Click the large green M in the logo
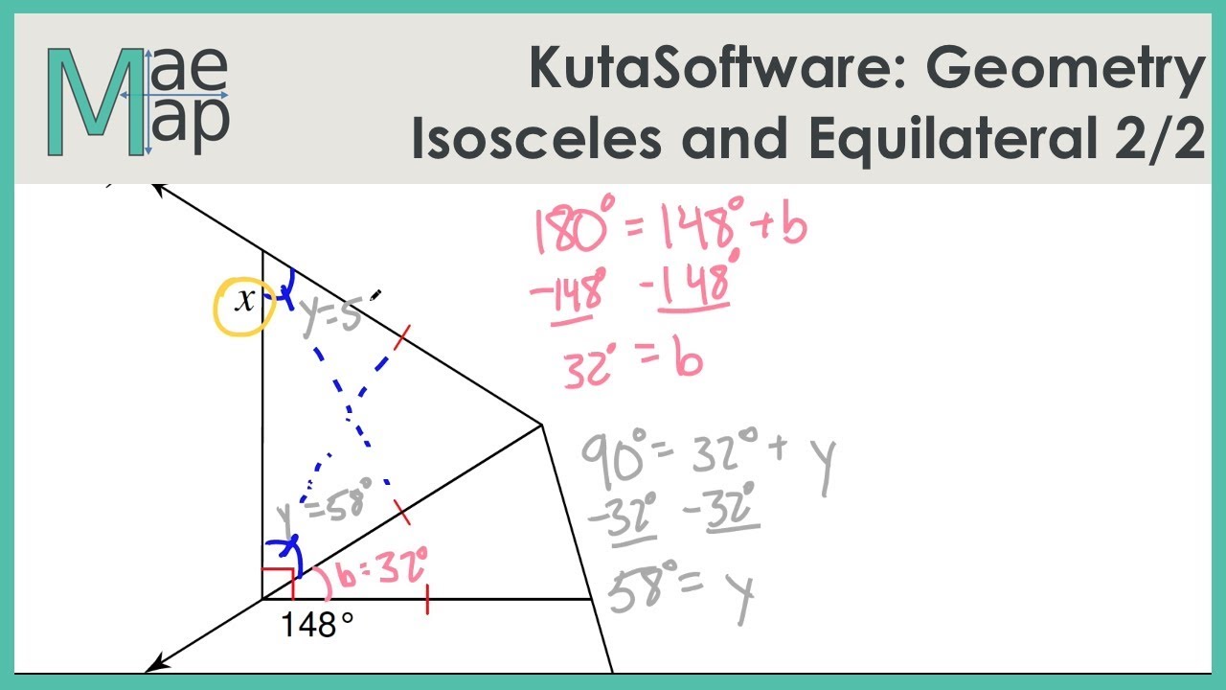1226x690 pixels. click(97, 102)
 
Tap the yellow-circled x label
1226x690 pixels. click(245, 301)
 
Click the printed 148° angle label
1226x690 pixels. click(317, 624)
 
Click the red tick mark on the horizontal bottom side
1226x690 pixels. click(427, 599)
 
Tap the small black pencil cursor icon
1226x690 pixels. click(375, 295)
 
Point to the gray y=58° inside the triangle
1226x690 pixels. click(324, 507)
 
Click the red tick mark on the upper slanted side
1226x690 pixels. click(401, 337)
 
